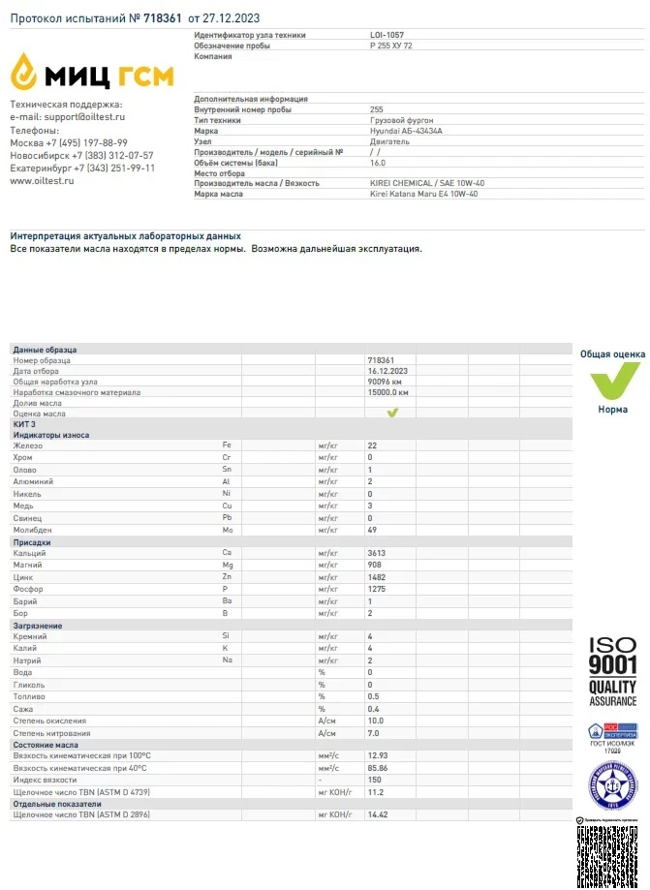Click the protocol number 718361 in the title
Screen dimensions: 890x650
[163, 17]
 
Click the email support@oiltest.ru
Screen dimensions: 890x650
[81, 117]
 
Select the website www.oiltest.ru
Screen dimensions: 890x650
[42, 180]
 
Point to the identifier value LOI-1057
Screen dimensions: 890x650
[387, 35]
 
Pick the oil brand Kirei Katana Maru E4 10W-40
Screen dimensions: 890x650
[423, 194]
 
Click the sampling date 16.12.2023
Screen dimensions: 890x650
[387, 371]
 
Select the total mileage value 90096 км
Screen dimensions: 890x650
[385, 382]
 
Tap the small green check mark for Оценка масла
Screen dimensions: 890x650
[393, 414]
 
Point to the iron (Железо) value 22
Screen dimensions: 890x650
[372, 445]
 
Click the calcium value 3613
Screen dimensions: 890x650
[377, 553]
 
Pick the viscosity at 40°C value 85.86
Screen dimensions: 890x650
[377, 768]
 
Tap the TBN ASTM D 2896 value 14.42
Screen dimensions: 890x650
[377, 815]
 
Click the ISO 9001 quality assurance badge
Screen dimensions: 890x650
[612, 671]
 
